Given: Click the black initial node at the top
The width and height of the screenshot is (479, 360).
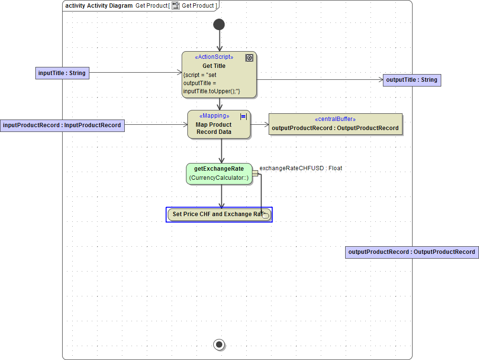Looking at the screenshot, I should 219,24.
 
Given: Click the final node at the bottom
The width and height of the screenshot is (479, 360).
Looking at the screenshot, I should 219,344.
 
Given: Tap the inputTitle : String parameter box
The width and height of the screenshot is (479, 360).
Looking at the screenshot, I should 62,73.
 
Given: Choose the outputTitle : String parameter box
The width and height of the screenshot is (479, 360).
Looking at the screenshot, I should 412,80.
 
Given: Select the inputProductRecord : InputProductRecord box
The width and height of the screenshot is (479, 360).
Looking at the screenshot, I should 62,125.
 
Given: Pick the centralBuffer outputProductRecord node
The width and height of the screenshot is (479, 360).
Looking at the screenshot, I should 335,124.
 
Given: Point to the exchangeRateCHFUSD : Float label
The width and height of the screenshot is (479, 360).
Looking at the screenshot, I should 301,168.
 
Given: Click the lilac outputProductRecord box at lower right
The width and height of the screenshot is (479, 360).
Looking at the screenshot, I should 412,252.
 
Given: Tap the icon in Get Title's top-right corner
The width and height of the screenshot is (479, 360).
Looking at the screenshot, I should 249,58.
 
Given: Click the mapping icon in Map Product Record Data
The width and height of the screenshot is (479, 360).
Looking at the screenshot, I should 243,116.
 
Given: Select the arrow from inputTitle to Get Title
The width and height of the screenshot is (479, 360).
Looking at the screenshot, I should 134,73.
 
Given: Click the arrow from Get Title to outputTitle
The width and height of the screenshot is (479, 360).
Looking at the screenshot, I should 320,80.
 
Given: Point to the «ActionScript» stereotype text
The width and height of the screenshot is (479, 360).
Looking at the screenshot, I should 214,57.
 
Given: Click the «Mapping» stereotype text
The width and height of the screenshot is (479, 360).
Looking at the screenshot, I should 214,116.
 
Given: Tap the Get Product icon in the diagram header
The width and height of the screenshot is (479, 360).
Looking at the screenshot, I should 176,6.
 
